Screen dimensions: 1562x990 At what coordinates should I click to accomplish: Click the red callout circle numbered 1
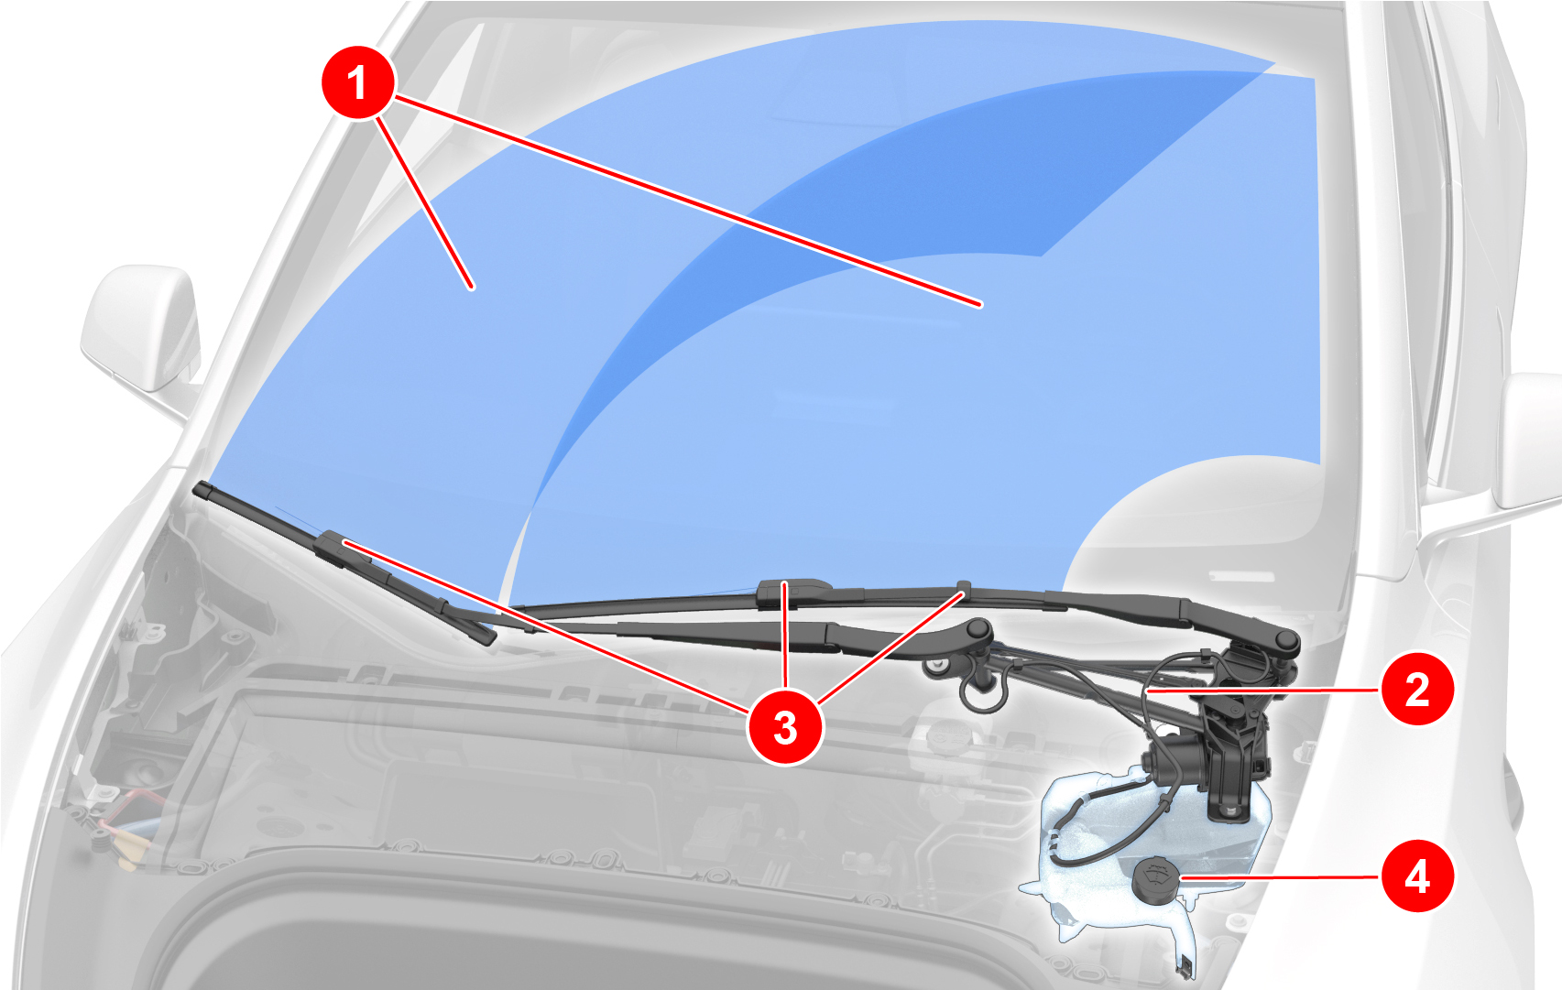(x=357, y=82)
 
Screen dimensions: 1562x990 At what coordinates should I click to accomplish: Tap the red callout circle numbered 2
(x=1417, y=689)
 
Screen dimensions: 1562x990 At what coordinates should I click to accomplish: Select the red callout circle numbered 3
(x=785, y=728)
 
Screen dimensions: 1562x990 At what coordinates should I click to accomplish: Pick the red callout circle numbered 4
(x=1417, y=876)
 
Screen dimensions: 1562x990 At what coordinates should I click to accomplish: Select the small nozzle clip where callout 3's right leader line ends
(x=964, y=589)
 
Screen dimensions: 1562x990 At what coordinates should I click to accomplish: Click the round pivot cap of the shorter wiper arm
(x=979, y=629)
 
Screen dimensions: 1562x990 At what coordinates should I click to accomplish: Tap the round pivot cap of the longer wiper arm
(x=1285, y=640)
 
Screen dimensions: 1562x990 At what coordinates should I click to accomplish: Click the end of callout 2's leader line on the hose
(x=1147, y=691)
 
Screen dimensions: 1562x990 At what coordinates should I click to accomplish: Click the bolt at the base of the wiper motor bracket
(x=1228, y=810)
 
